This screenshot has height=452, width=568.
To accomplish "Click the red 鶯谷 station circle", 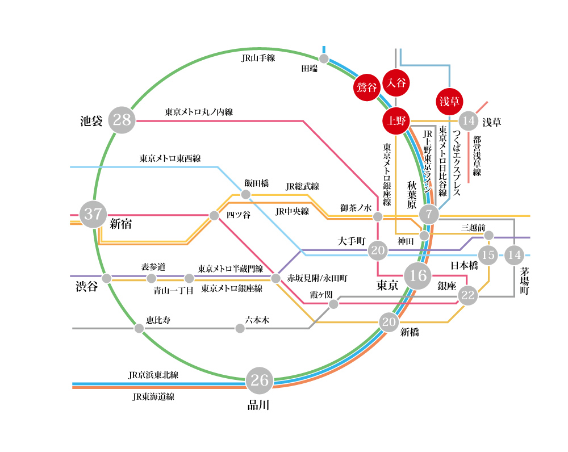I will (x=367, y=87).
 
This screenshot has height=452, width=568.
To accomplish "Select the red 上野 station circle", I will (x=395, y=121).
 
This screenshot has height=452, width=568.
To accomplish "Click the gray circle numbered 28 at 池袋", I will (x=122, y=120).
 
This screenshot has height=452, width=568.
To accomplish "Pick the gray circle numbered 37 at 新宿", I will (x=93, y=215).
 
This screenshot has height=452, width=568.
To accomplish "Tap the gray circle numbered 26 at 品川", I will (x=260, y=380).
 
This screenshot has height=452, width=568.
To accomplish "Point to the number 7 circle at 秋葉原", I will (x=429, y=215).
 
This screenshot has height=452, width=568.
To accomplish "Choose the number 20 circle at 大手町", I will (x=378, y=250).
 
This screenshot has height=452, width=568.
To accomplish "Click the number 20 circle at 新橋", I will (x=389, y=323).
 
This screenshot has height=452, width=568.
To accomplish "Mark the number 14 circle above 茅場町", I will (x=515, y=255).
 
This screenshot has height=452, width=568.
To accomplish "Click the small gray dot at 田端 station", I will (x=324, y=58).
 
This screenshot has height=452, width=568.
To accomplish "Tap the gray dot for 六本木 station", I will (x=240, y=328).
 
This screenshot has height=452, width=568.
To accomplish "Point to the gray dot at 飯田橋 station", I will (x=246, y=195).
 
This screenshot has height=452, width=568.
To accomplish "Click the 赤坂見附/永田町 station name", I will (x=316, y=278).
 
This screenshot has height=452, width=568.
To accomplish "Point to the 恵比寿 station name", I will (x=158, y=321).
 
